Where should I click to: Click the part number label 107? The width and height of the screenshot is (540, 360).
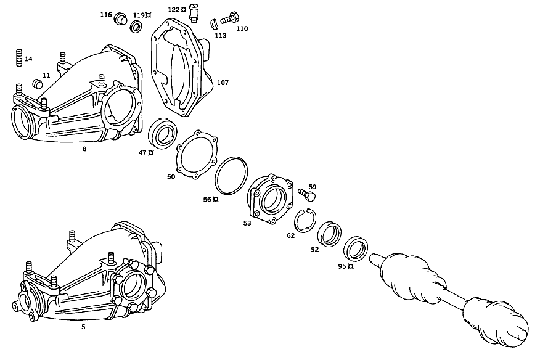click(x=223, y=83)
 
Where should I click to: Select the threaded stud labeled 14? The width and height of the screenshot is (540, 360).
click(x=19, y=58)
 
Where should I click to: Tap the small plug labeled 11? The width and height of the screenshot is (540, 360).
click(x=37, y=83)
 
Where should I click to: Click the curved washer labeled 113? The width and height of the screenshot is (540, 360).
click(x=214, y=24)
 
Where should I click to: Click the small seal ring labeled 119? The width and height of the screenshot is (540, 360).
click(x=137, y=27)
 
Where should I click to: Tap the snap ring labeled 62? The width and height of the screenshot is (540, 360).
click(x=306, y=221)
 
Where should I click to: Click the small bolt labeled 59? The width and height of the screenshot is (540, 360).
click(x=307, y=194)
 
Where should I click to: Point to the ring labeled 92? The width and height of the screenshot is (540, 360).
click(x=329, y=234)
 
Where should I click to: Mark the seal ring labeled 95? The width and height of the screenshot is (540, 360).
click(x=356, y=248)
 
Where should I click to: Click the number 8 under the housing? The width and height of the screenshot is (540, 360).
click(x=84, y=149)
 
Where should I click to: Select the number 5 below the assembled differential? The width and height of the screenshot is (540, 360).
click(x=83, y=327)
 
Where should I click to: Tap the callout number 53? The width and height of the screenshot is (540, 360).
click(x=247, y=223)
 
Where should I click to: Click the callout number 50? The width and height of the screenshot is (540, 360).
click(x=171, y=177)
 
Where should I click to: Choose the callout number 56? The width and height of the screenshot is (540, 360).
click(x=207, y=199)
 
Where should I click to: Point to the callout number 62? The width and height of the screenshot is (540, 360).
click(x=291, y=235)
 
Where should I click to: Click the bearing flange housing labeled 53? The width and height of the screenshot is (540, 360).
click(x=271, y=198)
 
